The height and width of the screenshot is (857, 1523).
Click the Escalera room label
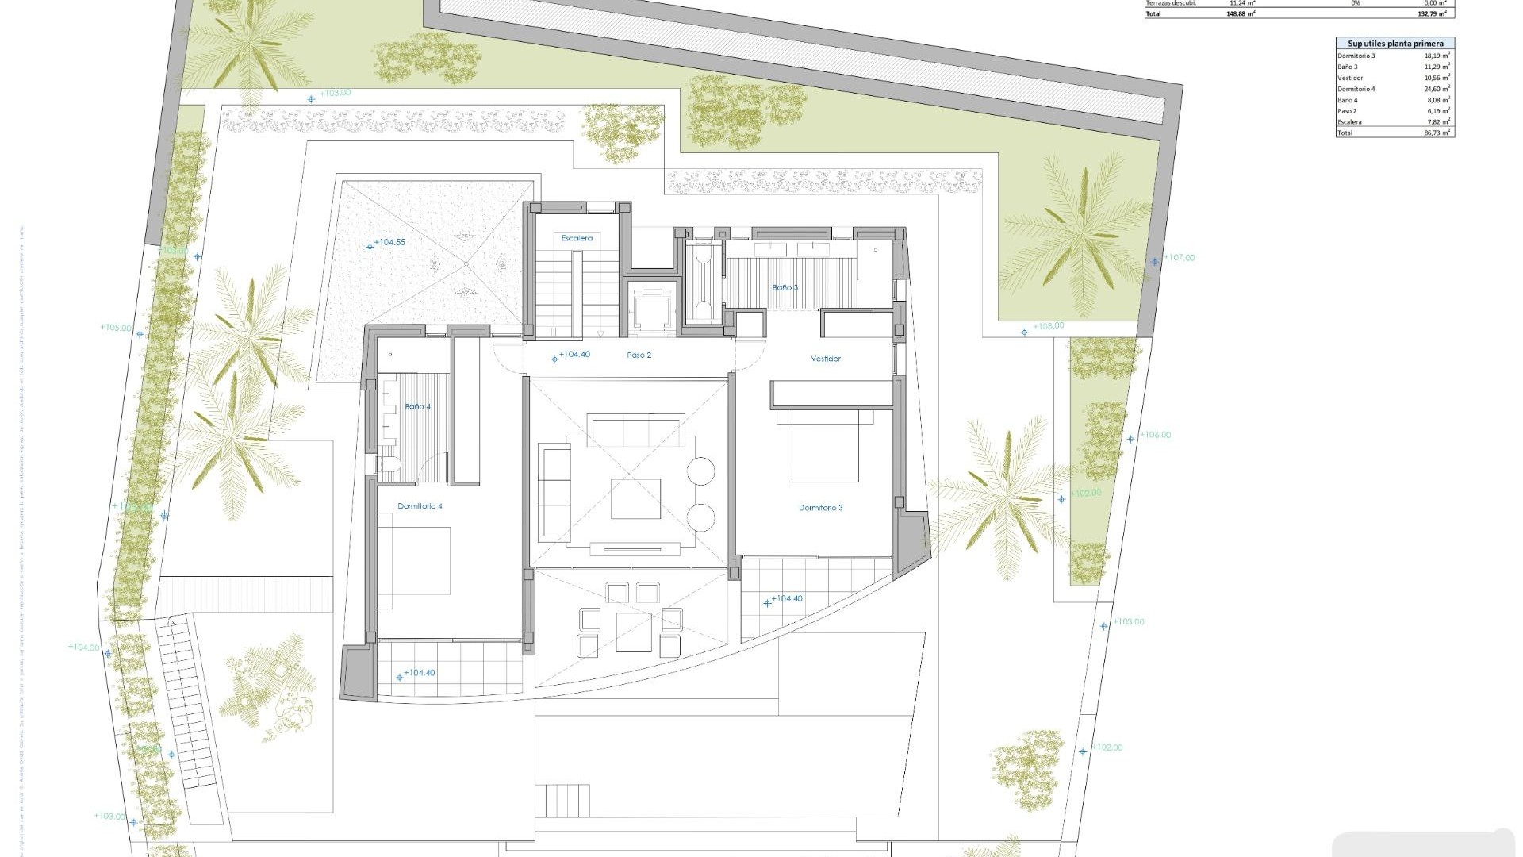(x=577, y=238)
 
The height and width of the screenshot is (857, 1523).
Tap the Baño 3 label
(x=785, y=287)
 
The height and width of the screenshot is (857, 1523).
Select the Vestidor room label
(x=826, y=359)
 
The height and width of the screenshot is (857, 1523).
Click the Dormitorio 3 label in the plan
(x=820, y=508)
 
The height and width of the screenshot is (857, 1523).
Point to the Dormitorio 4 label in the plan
(x=420, y=506)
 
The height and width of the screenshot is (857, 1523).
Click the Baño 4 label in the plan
(x=417, y=407)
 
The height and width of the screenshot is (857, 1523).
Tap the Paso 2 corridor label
(x=639, y=355)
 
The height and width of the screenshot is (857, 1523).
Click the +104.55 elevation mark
(x=389, y=243)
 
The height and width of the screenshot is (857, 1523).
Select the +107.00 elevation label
(x=1179, y=258)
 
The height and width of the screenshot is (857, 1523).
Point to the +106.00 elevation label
(x=1155, y=435)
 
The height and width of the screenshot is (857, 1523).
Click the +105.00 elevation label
(x=116, y=327)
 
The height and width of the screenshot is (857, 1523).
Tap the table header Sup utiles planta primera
(x=1395, y=44)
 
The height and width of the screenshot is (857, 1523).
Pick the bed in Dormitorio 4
(x=414, y=561)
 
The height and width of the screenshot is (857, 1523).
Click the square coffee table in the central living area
(x=635, y=499)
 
